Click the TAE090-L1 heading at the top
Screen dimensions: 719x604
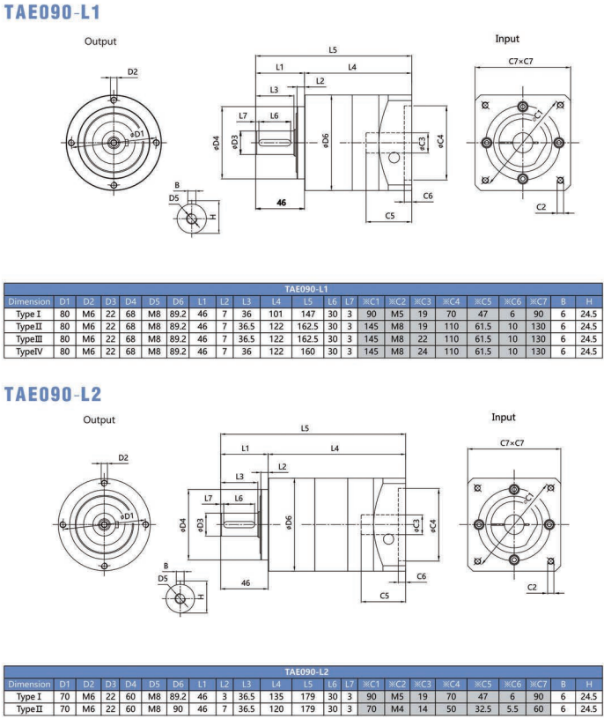click(52, 13)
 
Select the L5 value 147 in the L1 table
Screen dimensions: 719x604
click(307, 314)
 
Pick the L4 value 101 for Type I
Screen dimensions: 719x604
click(276, 314)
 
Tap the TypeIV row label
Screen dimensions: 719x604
click(29, 351)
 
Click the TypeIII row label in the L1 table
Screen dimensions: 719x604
click(29, 338)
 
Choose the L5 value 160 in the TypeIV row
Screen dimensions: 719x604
click(307, 351)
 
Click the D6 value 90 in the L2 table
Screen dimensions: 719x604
click(179, 708)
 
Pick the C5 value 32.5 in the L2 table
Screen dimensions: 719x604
click(482, 708)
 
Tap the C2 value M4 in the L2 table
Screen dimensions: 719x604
click(397, 708)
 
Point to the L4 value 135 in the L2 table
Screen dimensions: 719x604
click(276, 695)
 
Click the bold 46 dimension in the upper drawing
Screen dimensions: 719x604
click(282, 203)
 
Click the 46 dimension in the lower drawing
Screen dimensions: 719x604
click(246, 582)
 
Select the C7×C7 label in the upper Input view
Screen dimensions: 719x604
click(522, 61)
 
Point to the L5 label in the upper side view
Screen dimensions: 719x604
click(333, 50)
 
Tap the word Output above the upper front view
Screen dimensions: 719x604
click(100, 41)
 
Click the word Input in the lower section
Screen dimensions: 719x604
click(504, 417)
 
